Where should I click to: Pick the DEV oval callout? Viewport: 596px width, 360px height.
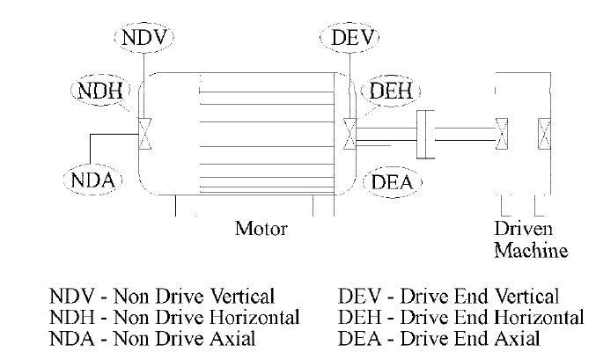click(351, 39)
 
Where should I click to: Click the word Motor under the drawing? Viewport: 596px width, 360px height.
click(261, 229)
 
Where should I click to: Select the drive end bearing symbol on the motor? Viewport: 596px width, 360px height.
click(351, 134)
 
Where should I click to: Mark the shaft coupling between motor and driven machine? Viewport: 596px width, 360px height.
click(426, 135)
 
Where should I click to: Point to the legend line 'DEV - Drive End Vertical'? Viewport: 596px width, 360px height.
click(449, 296)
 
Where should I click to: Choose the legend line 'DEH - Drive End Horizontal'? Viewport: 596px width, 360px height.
click(460, 316)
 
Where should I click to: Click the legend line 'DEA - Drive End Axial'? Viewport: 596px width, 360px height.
click(440, 336)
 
